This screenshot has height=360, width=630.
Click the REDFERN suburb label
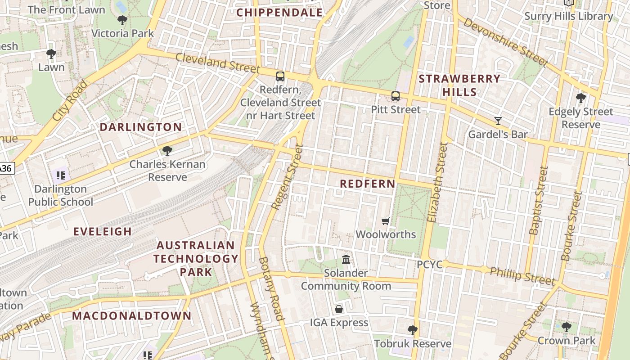367,184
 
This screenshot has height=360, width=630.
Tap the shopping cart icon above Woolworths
385,221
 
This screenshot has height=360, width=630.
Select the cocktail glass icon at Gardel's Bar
498,121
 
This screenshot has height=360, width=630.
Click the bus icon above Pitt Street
395,96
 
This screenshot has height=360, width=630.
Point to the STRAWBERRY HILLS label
459,85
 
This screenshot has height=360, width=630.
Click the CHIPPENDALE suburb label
279,13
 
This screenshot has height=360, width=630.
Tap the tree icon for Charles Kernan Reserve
167,150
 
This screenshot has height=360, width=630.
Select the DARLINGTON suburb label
140,127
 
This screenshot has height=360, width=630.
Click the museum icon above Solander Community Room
346,259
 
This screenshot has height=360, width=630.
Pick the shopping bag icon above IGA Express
339,309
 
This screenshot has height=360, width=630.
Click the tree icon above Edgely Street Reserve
580,98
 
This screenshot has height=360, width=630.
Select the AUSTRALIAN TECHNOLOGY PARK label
196,259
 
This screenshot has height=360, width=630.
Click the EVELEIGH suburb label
103,232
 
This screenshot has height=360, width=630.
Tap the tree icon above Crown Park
566,327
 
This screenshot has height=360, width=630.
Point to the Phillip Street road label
522,276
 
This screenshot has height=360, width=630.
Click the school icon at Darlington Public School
60,175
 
